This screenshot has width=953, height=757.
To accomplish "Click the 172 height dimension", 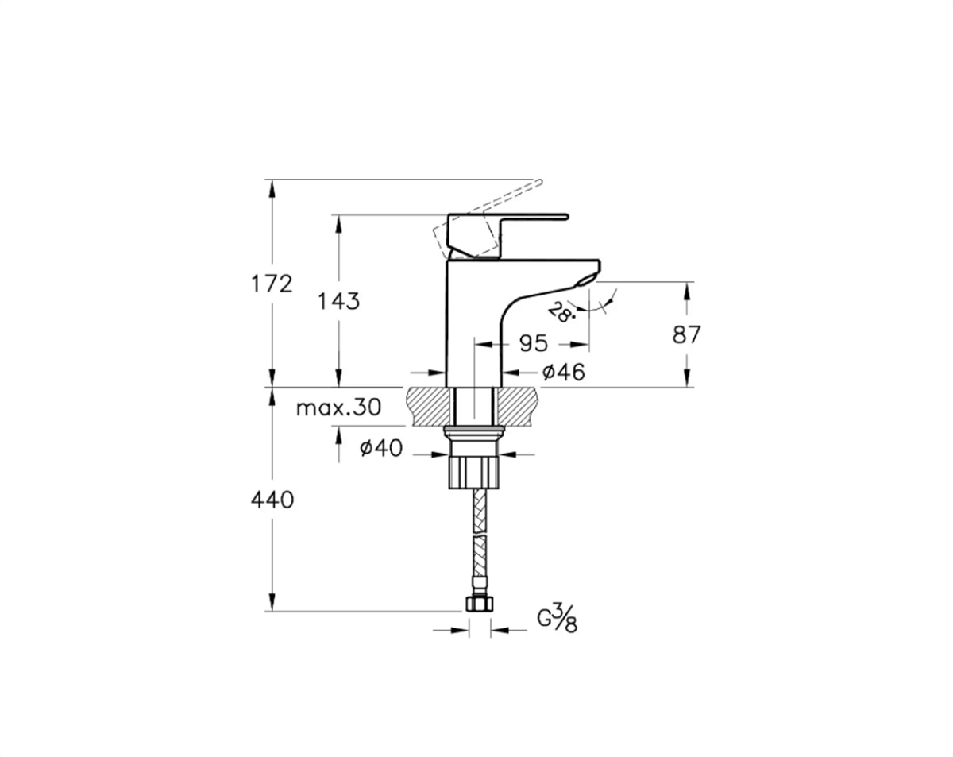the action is coord(272,284).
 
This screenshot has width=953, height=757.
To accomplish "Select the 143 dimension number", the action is coord(339,302).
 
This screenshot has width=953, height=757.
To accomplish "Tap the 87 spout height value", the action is coord(686,334).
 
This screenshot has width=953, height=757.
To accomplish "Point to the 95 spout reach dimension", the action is coord(533,343).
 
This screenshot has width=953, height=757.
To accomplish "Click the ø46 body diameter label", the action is coord(564,372).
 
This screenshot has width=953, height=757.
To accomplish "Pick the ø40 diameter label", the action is coord(381,448).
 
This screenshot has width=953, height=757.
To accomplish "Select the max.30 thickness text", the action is coord(338,407).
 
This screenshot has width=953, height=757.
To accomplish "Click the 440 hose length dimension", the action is coord(272,500).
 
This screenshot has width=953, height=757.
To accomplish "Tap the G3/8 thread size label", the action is coord(558,620).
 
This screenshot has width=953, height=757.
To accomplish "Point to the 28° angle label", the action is coord(561,312).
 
